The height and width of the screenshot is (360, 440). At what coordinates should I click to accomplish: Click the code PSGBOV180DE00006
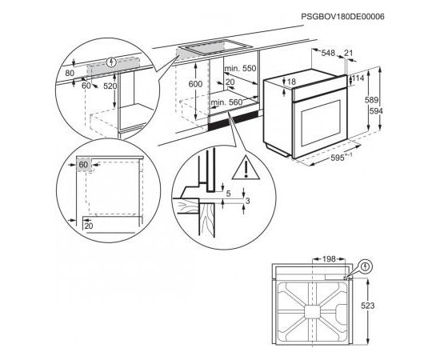pyautogui.click(x=342, y=17)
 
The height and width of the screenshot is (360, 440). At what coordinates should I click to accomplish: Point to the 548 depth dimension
pyautogui.click(x=328, y=53)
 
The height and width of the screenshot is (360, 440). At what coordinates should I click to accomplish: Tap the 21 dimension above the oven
pyautogui.click(x=348, y=53)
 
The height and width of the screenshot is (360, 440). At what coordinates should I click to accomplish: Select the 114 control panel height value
pyautogui.click(x=358, y=78)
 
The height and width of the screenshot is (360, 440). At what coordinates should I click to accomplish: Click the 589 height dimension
pyautogui.click(x=371, y=100)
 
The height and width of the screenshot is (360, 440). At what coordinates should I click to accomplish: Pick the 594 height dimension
pyautogui.click(x=376, y=111)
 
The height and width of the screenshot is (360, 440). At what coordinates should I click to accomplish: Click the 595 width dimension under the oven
pyautogui.click(x=338, y=158)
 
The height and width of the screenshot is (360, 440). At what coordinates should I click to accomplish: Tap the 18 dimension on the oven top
pyautogui.click(x=291, y=82)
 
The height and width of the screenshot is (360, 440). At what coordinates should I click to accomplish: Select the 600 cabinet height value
pyautogui.click(x=195, y=84)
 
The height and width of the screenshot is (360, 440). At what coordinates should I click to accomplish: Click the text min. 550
pyautogui.click(x=240, y=68)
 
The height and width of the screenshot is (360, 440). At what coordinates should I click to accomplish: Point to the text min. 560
pyautogui.click(x=226, y=102)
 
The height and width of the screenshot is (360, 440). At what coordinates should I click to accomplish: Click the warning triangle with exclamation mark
pyautogui.click(x=246, y=168)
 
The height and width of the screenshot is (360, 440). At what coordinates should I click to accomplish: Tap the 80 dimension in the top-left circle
pyautogui.click(x=70, y=74)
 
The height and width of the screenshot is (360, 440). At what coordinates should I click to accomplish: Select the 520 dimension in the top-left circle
pyautogui.click(x=110, y=86)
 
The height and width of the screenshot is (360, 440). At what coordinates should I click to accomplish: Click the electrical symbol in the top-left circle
pyautogui.click(x=112, y=62)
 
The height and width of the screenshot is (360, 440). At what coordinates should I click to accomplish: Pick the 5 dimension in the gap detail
pyautogui.click(x=228, y=194)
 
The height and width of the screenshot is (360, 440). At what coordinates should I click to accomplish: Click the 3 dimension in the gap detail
pyautogui.click(x=248, y=201)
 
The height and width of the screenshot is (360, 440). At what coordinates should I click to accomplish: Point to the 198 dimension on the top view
pyautogui.click(x=328, y=259)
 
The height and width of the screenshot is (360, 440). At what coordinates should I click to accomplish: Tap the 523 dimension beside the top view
pyautogui.click(x=368, y=306)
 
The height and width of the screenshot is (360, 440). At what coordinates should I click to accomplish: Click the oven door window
pyautogui.click(x=321, y=123)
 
